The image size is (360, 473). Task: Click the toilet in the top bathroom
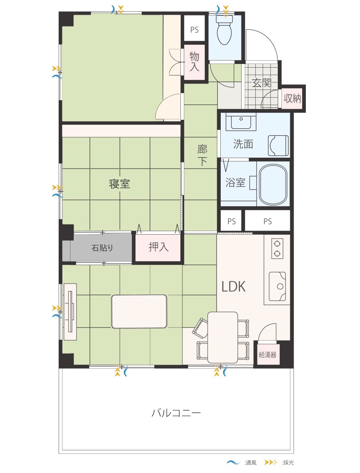pos(225,30)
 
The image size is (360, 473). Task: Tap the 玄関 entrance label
pos(262,83)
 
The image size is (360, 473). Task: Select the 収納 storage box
pos(292,98)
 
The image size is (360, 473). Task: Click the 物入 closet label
pos(195,62)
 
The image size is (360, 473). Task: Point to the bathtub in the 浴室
pos(273,184)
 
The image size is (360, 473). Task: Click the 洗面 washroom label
pos(243,144)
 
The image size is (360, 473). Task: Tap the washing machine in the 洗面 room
pos(278,146)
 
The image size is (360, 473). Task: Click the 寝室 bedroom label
pos(119,183)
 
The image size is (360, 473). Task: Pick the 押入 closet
pos(158,247)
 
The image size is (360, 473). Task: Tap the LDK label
pos(234,286)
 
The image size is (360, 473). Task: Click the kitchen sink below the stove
pos(277,286)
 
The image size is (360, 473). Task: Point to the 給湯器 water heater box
pos(268,354)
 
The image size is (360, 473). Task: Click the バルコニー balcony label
pos(176,412)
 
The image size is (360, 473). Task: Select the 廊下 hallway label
pos(202,155)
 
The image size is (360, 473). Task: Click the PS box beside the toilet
pos(195,30)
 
